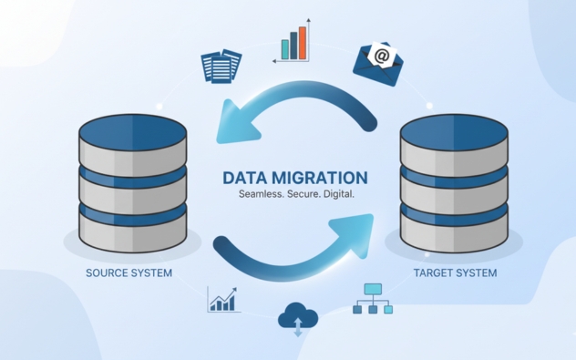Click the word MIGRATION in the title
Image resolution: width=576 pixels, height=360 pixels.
click(319, 178)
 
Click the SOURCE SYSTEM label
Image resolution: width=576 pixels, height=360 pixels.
click(129, 273)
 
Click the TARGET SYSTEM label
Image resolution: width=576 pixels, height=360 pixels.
click(455, 273)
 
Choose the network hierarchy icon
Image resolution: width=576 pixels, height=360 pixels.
click(373, 298)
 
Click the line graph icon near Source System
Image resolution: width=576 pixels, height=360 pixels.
click(223, 299)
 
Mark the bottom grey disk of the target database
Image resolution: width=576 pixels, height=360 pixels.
click(454, 235)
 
